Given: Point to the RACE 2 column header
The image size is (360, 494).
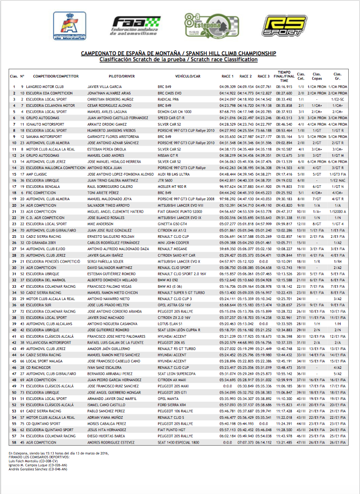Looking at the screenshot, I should point(246,76).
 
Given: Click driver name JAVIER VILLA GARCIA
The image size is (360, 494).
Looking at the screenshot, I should point(105,86).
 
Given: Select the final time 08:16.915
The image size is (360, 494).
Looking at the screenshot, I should point(284,86).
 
